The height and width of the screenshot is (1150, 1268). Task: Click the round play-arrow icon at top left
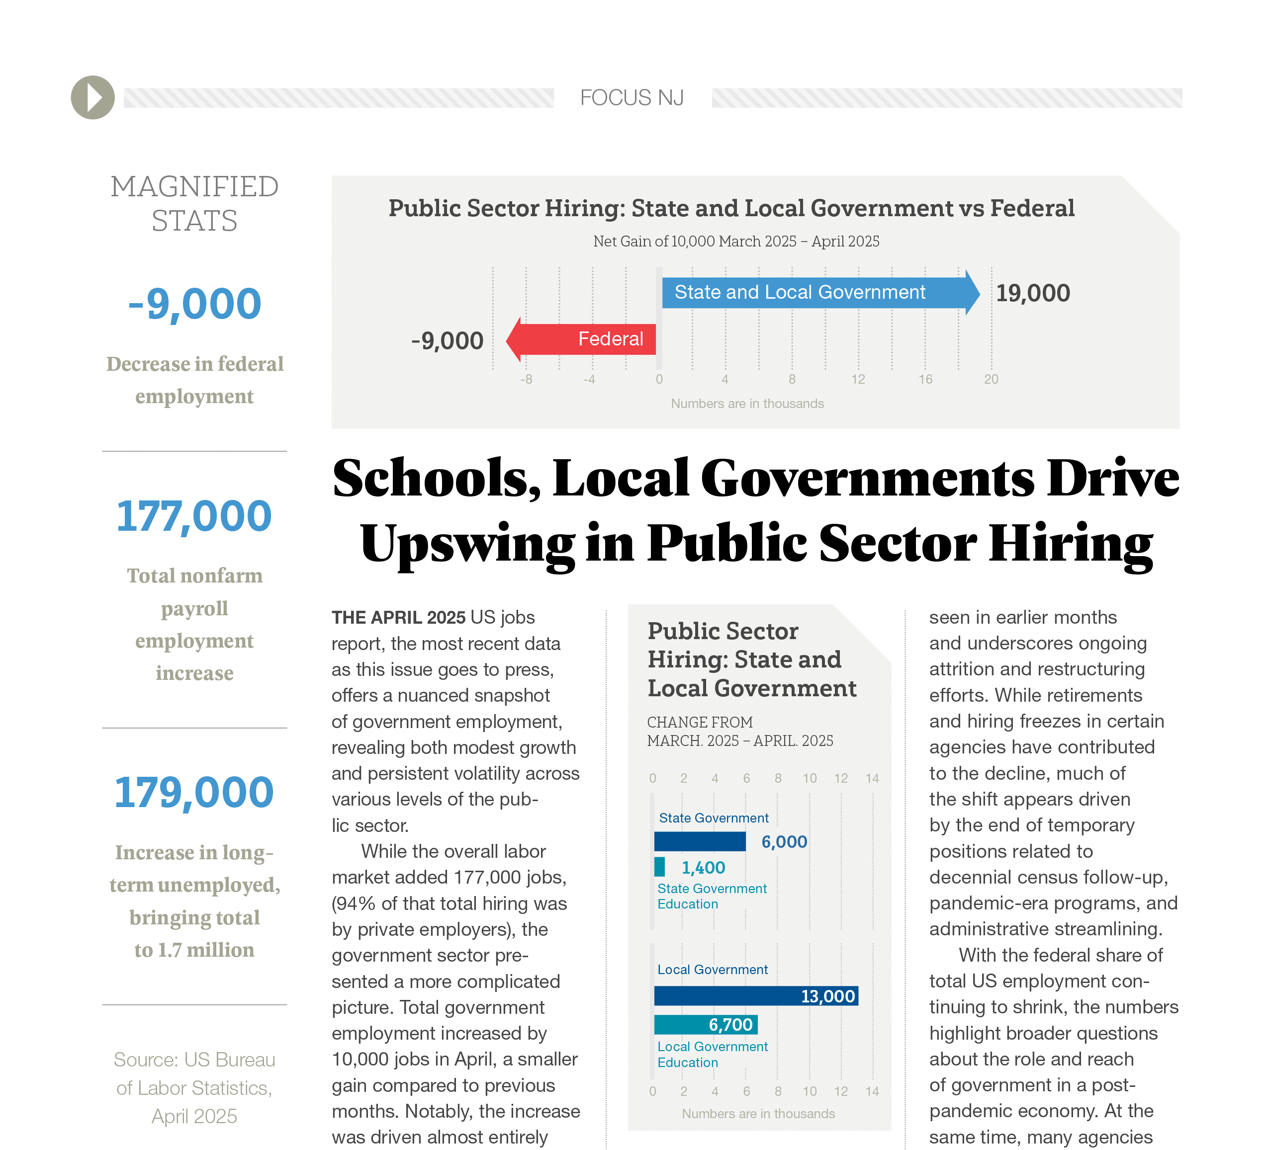pyautogui.click(x=92, y=97)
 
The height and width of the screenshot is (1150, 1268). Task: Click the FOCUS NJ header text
pyautogui.click(x=632, y=97)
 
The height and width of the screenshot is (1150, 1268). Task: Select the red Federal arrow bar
pyautogui.click(x=585, y=339)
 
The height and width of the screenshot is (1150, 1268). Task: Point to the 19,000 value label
pyautogui.click(x=1032, y=293)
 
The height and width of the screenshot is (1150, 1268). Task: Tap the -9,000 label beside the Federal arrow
pyautogui.click(x=447, y=341)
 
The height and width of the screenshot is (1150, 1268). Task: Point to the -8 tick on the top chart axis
pyautogui.click(x=526, y=379)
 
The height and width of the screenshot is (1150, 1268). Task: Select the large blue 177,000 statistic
pyautogui.click(x=194, y=516)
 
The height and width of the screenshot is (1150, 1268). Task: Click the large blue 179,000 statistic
pyautogui.click(x=194, y=792)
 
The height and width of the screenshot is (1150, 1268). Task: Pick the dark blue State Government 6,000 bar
pyautogui.click(x=700, y=841)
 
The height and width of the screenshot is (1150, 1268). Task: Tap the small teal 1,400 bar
pyautogui.click(x=659, y=867)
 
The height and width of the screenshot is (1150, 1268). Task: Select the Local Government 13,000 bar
pyautogui.click(x=755, y=996)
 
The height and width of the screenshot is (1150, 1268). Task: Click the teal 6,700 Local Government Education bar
pyautogui.click(x=705, y=1024)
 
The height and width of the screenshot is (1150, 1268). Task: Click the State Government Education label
pyautogui.click(x=712, y=896)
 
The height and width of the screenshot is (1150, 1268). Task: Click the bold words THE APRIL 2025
pyautogui.click(x=398, y=617)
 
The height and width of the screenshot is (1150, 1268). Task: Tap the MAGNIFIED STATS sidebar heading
pyautogui.click(x=194, y=204)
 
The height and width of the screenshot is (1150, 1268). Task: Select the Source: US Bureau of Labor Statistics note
pyautogui.click(x=194, y=1088)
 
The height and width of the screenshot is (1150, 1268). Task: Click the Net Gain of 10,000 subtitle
pyautogui.click(x=736, y=242)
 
